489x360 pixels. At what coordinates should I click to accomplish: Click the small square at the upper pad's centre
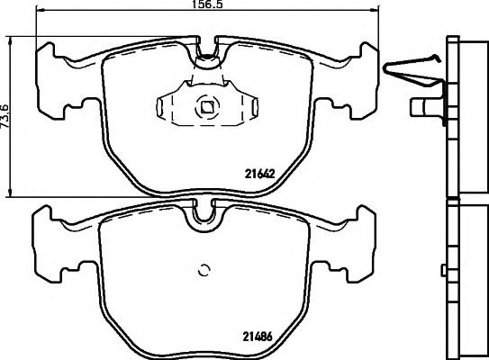pyautogui.click(x=207, y=107)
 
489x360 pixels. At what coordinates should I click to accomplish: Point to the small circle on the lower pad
pyautogui.click(x=203, y=269)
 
